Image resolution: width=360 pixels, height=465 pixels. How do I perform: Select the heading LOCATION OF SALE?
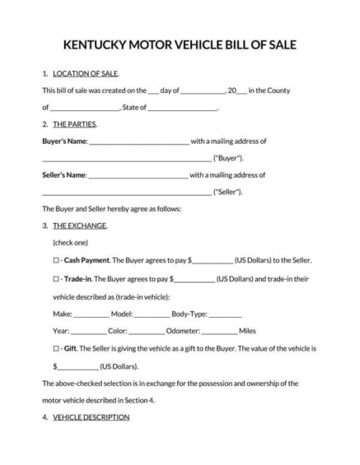(x=81, y=73)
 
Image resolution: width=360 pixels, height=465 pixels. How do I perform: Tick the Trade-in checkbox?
(x=55, y=279)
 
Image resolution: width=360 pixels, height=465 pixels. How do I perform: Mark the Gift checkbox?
(x=55, y=347)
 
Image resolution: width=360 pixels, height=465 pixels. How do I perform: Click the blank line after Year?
(x=88, y=331)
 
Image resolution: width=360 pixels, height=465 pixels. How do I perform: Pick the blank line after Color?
(x=146, y=331)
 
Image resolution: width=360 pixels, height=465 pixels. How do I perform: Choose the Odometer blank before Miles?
(x=218, y=331)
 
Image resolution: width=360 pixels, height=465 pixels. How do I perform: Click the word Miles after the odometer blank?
(x=248, y=331)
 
